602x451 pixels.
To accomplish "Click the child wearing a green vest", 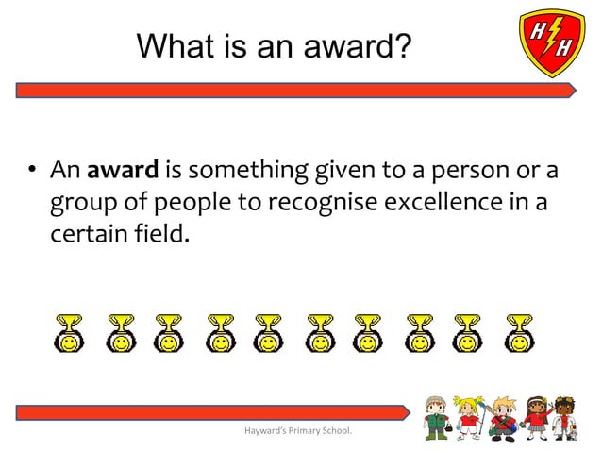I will tap(436, 416).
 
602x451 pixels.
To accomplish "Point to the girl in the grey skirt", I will tap(533, 418).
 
